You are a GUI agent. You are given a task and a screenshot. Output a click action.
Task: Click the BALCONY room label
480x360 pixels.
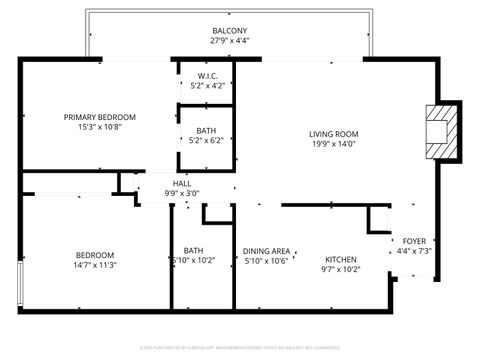tap(230, 31)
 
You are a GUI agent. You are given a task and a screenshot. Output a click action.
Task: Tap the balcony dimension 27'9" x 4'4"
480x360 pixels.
tap(230, 41)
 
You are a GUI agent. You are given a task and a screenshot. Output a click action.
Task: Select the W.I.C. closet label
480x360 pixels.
tap(207, 76)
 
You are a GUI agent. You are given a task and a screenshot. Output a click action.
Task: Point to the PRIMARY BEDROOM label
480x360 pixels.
tap(100, 117)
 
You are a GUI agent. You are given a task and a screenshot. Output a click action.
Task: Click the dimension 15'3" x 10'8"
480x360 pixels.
tap(100, 127)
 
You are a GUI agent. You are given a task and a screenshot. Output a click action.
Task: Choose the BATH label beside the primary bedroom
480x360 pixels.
tap(206, 130)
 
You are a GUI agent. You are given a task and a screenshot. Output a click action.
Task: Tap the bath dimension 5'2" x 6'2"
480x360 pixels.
tap(206, 140)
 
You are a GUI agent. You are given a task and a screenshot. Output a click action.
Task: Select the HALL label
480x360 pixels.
tap(182, 183)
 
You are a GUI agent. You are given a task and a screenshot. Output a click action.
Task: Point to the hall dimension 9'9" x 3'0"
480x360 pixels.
tap(182, 193)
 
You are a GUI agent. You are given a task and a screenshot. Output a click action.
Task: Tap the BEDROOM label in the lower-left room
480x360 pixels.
tap(94, 255)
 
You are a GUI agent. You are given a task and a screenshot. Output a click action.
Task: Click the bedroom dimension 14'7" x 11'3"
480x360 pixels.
tap(94, 265)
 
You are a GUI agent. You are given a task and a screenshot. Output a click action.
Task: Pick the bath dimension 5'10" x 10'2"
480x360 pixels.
tap(193, 261)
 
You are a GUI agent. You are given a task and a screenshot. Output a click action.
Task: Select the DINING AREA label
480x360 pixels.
tap(266, 251)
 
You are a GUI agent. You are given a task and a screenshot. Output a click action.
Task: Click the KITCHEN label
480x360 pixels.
tap(340, 260)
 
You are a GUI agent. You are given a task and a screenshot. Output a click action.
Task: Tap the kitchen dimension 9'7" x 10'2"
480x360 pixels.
tap(340, 270)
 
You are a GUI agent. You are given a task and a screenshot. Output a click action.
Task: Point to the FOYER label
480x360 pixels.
tap(414, 241)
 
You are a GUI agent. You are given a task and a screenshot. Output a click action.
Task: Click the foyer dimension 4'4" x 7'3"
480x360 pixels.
tap(414, 251)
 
